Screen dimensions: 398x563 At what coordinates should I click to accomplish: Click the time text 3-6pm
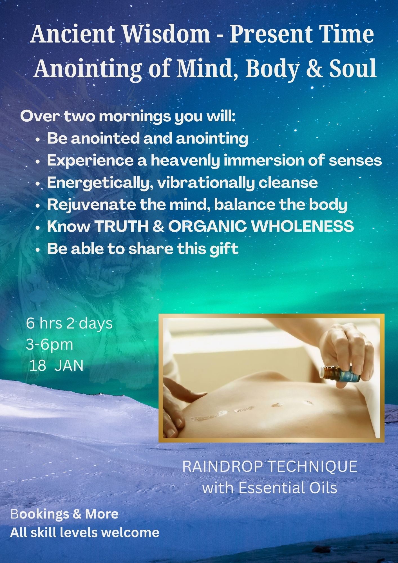point(50,345)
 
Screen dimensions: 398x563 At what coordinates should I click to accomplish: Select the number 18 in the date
point(38,366)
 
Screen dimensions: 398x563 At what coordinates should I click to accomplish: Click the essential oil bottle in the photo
point(341,374)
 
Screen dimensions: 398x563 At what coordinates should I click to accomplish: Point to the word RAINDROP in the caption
point(223,466)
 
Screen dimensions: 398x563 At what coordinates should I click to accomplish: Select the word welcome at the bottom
point(131,533)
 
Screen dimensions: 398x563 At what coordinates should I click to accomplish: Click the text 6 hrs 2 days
point(69,323)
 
